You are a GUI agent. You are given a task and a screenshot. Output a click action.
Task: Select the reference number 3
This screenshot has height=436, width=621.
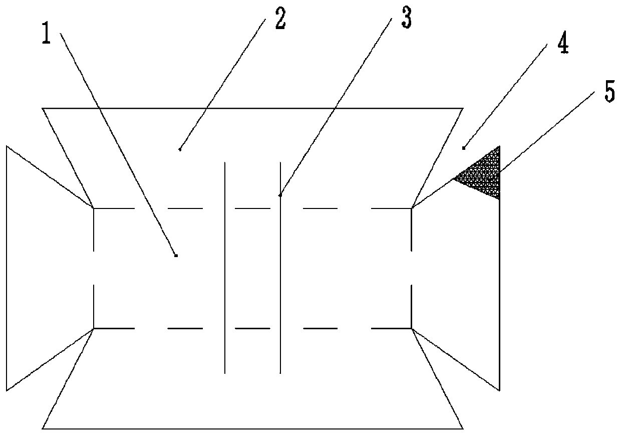pyautogui.click(x=405, y=18)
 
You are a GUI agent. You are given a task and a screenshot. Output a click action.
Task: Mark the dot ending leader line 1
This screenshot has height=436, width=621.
pyautogui.click(x=176, y=256)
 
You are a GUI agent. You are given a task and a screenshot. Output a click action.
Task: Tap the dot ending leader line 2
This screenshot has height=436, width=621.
pyautogui.click(x=180, y=149)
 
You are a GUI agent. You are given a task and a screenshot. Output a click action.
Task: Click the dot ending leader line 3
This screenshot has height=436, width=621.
pyautogui.click(x=280, y=195)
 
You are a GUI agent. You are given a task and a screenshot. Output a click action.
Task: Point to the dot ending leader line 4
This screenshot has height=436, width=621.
pyautogui.click(x=464, y=148)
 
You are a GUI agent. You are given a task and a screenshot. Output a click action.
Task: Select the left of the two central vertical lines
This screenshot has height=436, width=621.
pyautogui.click(x=225, y=268)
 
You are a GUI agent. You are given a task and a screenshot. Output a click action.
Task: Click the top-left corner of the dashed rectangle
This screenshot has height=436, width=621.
pyautogui.click(x=94, y=207)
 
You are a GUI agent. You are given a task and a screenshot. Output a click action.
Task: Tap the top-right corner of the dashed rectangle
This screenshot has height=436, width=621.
pyautogui.click(x=411, y=207)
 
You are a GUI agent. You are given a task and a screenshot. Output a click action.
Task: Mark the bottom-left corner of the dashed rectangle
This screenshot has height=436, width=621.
pyautogui.click(x=94, y=328)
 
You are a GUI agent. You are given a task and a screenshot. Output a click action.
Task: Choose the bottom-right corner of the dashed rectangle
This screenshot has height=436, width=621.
pyautogui.click(x=411, y=328)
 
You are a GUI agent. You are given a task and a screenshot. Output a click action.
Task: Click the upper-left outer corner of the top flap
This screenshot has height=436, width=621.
pyautogui.click(x=43, y=108)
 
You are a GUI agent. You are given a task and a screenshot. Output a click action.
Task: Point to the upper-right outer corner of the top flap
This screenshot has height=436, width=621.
pyautogui.click(x=463, y=108)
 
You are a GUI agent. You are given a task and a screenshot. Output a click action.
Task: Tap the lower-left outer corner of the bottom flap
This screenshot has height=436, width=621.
pyautogui.click(x=43, y=428)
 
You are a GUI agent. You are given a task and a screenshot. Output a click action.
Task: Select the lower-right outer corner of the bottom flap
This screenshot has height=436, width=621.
pyautogui.click(x=463, y=428)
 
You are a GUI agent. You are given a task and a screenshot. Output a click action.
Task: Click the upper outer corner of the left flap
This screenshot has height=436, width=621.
pyautogui.click(x=7, y=146)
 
